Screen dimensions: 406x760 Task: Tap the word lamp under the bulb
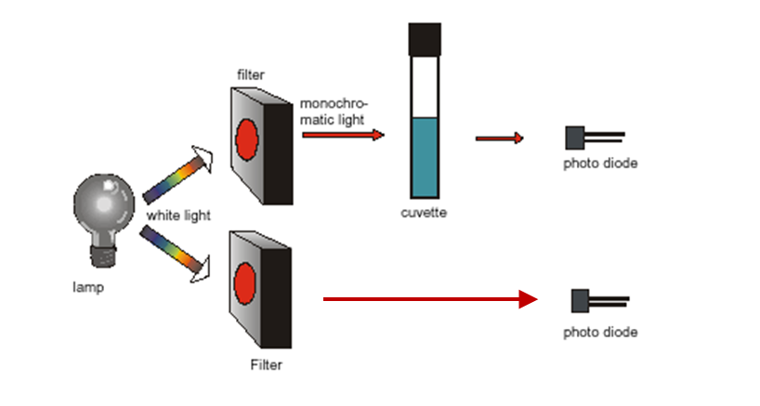click(x=89, y=287)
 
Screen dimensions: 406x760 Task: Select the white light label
click(x=177, y=216)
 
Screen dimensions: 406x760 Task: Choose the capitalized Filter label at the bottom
click(x=266, y=365)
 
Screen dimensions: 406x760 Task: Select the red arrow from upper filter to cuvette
click(x=343, y=135)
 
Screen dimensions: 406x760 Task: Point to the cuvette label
click(x=424, y=213)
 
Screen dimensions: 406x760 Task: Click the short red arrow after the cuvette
click(x=500, y=139)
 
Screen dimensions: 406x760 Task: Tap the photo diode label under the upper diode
click(x=600, y=164)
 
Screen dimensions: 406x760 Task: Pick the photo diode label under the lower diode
click(x=600, y=332)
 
